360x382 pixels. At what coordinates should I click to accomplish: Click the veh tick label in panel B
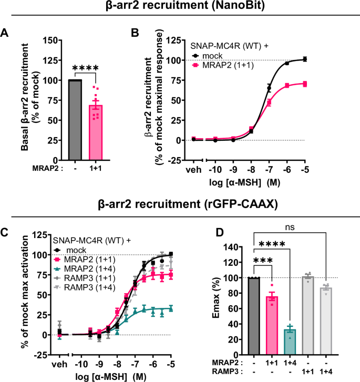click(x=194, y=170)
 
